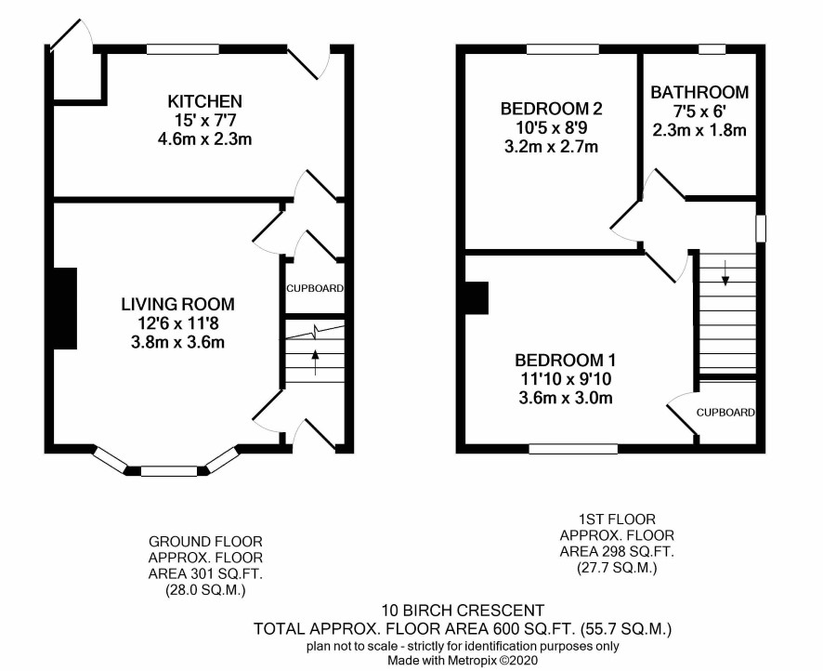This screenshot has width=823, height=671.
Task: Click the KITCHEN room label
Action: tap(204, 100)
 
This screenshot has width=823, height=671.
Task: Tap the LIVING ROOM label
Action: tap(178, 304)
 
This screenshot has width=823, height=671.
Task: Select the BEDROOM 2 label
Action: tap(551, 109)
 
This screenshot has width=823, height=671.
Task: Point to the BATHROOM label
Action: tap(699, 92)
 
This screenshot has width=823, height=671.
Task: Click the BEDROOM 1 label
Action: tap(566, 361)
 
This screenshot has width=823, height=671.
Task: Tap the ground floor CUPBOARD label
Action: tap(315, 288)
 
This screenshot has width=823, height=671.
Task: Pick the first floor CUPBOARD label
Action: tap(725, 413)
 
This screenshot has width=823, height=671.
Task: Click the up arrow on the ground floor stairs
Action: tap(315, 362)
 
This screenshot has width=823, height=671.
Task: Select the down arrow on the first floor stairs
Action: tap(725, 272)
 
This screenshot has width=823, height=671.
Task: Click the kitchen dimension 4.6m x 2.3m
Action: tap(204, 139)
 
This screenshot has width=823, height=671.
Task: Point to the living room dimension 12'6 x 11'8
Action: tap(178, 323)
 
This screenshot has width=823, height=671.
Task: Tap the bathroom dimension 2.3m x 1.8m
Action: tap(699, 130)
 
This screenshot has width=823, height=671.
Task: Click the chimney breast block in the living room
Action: tap(65, 309)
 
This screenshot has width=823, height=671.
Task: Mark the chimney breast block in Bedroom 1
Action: tap(477, 298)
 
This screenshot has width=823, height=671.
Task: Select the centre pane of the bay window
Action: tap(169, 471)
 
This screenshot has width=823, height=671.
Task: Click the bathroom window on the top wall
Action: tap(712, 49)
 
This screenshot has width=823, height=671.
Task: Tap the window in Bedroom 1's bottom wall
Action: tap(573, 449)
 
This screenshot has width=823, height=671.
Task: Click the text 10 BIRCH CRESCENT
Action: tap(463, 611)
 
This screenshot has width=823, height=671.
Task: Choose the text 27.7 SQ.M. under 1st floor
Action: tap(617, 568)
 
